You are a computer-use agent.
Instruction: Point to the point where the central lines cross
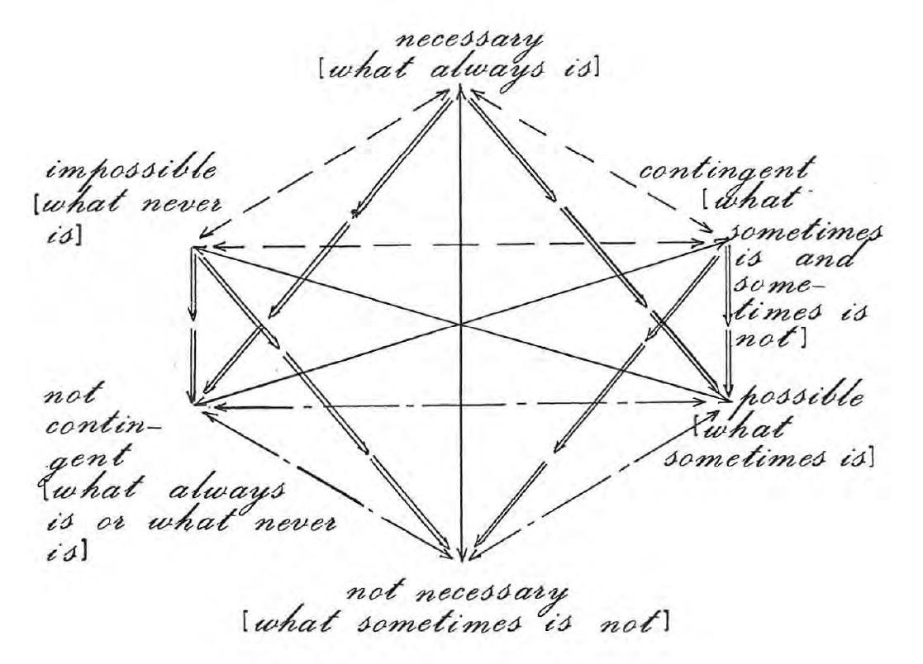(x=461, y=324)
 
